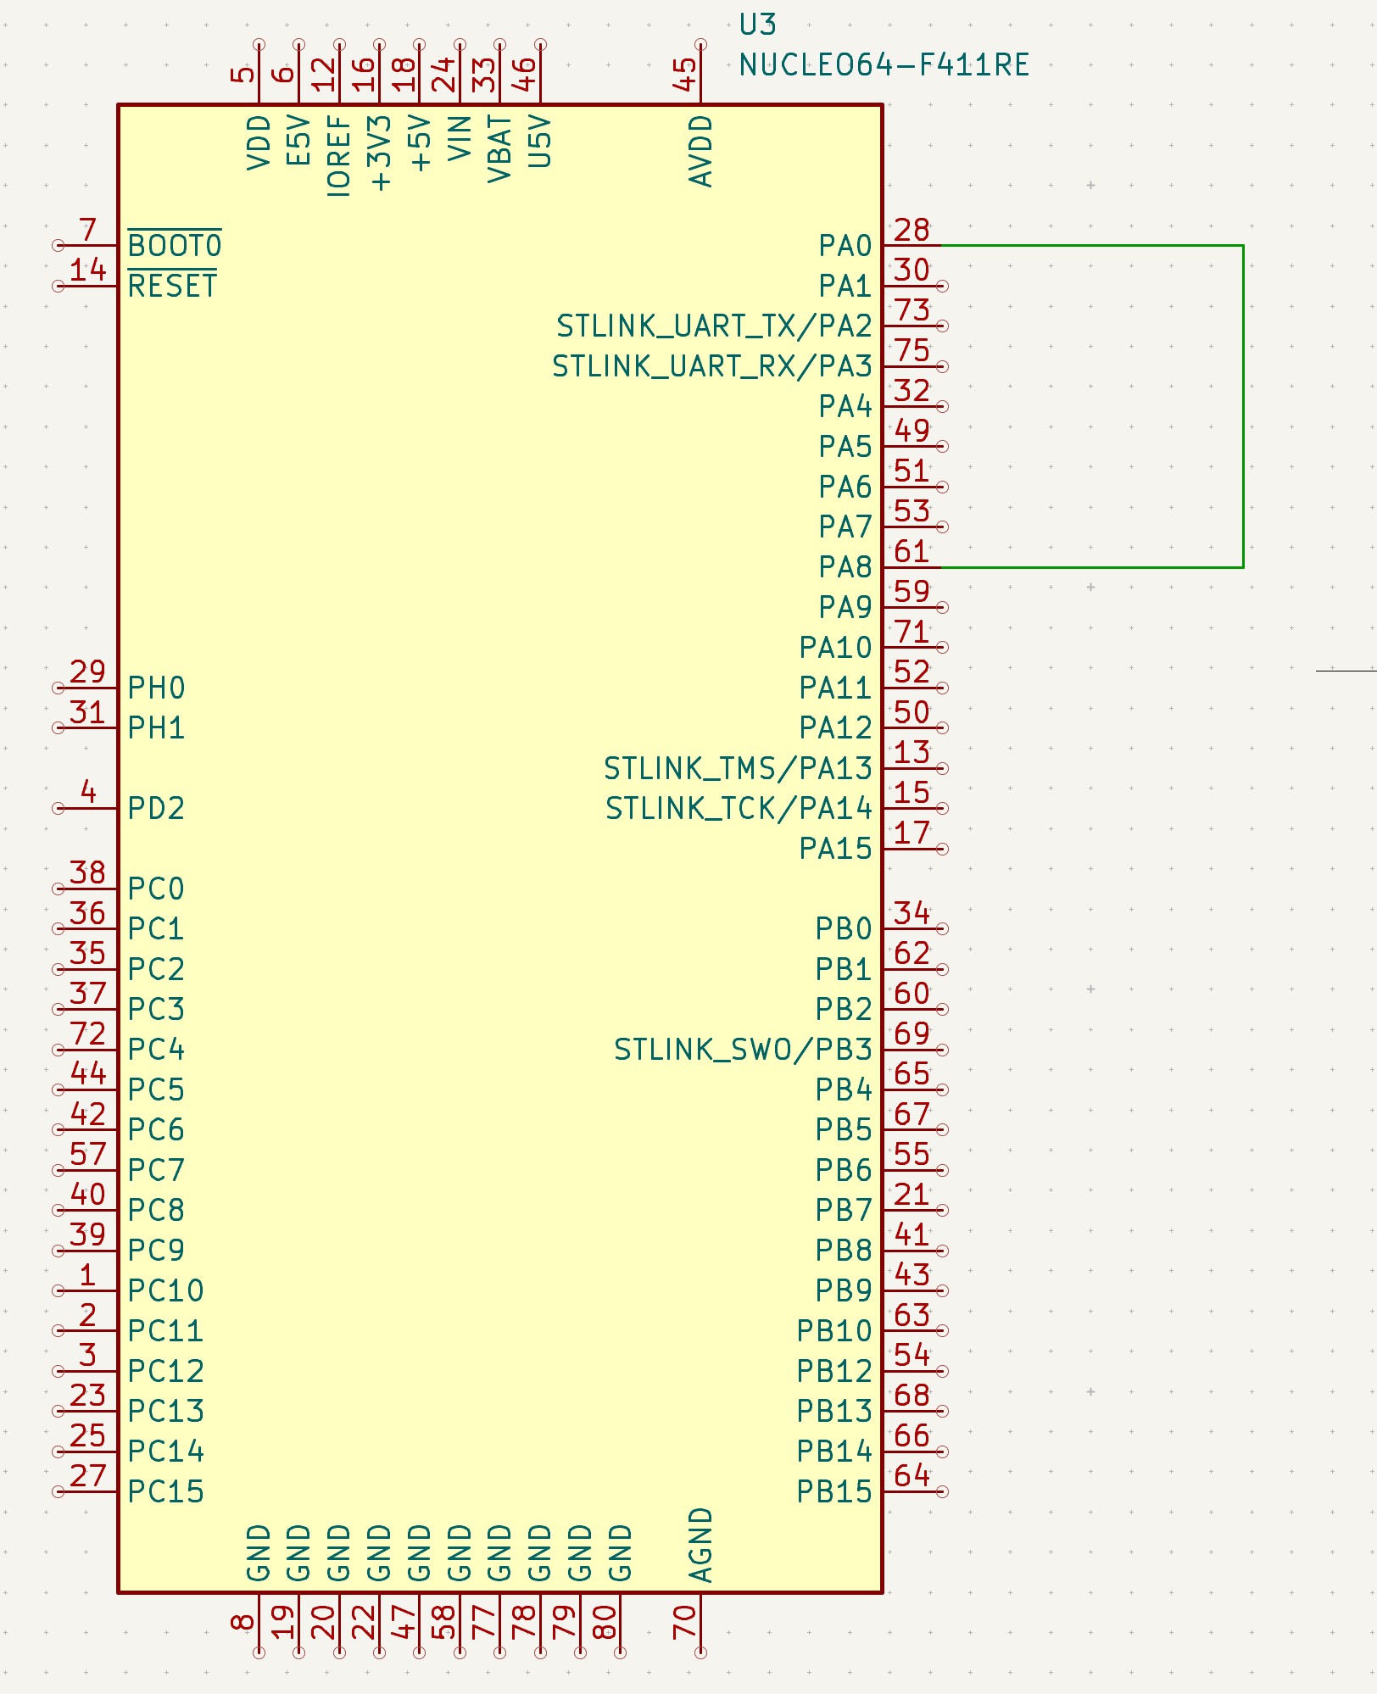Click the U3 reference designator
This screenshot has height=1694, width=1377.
(757, 25)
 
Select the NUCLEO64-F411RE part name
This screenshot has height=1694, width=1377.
(884, 65)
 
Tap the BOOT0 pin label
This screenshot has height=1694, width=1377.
(175, 246)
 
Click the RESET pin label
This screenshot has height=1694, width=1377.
(172, 287)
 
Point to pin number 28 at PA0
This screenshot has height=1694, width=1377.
(911, 230)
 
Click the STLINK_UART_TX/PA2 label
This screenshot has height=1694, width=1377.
(714, 326)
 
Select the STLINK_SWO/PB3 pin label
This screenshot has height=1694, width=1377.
(743, 1050)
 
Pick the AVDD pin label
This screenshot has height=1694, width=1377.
(701, 151)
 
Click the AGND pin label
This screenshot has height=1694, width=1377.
(701, 1545)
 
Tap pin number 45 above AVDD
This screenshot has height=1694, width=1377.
(684, 75)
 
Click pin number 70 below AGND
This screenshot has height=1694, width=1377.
(684, 1622)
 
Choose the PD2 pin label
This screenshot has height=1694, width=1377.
(156, 809)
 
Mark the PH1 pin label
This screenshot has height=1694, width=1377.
(156, 728)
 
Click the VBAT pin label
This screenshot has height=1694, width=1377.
(499, 150)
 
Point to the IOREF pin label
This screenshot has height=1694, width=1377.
(339, 157)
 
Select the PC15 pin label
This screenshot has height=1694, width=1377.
(166, 1492)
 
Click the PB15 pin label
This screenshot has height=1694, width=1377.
(834, 1492)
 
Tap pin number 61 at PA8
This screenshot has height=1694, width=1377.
(911, 552)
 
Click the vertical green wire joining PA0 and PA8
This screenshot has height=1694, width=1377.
(1243, 406)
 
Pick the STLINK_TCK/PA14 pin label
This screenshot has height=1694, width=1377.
(739, 809)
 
